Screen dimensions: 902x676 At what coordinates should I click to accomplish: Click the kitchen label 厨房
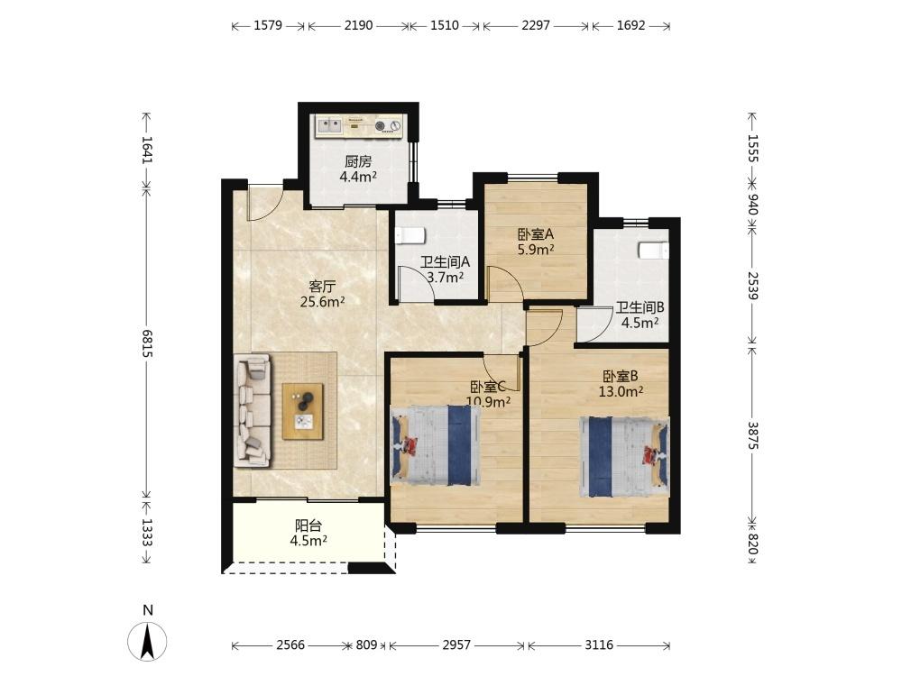coord(358,161)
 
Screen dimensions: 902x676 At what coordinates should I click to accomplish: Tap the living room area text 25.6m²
coord(322,301)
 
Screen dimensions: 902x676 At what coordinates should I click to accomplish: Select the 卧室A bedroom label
coord(536,234)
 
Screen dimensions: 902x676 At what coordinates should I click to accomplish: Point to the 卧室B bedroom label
coord(621,377)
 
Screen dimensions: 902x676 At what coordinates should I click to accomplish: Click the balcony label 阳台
coord(308,525)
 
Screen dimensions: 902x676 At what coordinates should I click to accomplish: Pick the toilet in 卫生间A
coord(410,235)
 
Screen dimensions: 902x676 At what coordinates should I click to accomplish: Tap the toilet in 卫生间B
coord(653,251)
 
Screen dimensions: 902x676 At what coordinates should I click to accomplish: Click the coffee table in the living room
coord(302,412)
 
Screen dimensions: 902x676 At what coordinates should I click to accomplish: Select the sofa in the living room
coord(253,410)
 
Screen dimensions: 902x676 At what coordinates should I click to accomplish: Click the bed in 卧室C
coord(436,445)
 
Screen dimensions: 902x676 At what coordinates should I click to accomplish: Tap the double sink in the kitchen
coord(329,124)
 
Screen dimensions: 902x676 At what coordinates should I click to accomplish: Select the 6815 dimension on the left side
coord(147,343)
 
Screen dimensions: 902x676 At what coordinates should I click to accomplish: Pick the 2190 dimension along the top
coord(358,26)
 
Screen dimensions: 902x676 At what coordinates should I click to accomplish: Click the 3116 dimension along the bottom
coord(599,645)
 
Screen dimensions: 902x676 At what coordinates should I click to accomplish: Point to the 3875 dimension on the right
coord(753,435)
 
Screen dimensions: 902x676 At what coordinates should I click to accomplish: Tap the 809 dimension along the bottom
coord(366,645)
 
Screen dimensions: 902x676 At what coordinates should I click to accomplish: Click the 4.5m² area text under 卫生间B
coord(640,323)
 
